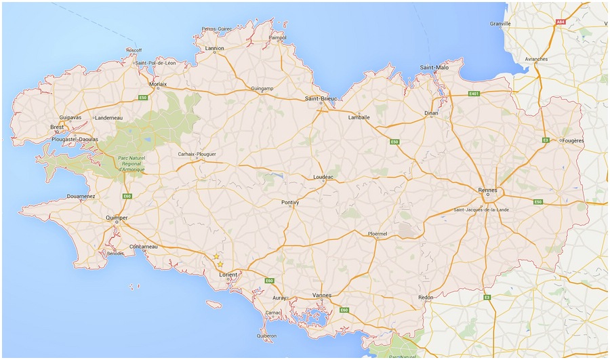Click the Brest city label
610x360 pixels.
pos(58,127)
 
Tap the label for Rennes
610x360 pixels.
pos(488,190)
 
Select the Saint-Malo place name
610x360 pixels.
pos(434,68)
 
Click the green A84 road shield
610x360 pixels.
pos(561,22)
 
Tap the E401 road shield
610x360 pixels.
pos(474,93)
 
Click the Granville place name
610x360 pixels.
pos(500,24)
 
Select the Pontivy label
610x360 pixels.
pos(290,202)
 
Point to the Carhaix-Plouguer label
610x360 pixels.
pos(197,154)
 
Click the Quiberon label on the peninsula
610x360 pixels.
pos(266,336)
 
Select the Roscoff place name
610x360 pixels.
pos(134,49)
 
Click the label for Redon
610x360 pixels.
pos(426,298)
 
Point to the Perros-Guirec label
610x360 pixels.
pos(217,29)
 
